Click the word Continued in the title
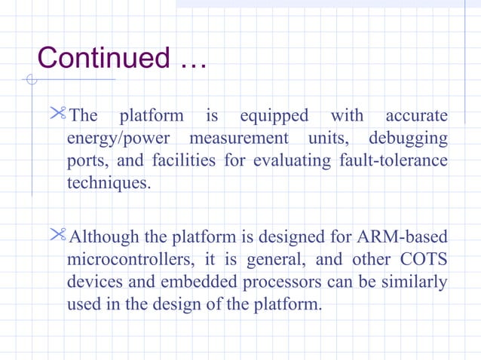pos(103,58)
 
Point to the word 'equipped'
pos(274,116)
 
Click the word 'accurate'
pos(416,116)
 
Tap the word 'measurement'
pos(239,139)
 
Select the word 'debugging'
pos(408,139)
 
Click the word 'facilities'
pos(182,162)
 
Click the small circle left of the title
pos(31,80)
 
